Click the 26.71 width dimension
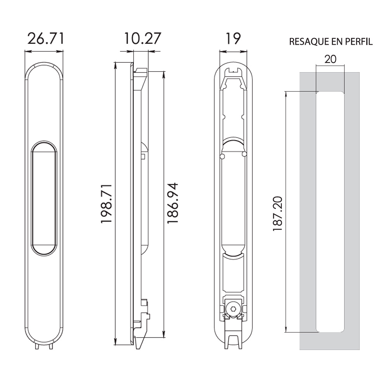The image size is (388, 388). [46, 38]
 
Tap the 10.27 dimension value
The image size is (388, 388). [142, 38]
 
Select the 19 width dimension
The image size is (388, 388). [233, 38]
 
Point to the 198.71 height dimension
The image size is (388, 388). [107, 204]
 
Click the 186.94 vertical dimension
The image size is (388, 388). [173, 203]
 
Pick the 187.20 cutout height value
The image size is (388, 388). [277, 214]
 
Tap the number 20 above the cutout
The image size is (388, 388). [330, 59]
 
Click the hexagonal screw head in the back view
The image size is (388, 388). [232, 309]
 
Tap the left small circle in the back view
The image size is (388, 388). [222, 156]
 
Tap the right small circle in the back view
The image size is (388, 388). [244, 154]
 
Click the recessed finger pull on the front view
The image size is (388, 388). [44, 198]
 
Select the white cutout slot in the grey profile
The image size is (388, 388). [330, 211]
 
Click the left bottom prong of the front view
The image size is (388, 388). [37, 346]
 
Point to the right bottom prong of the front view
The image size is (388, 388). [51, 346]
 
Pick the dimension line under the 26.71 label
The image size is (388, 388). [44, 52]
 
